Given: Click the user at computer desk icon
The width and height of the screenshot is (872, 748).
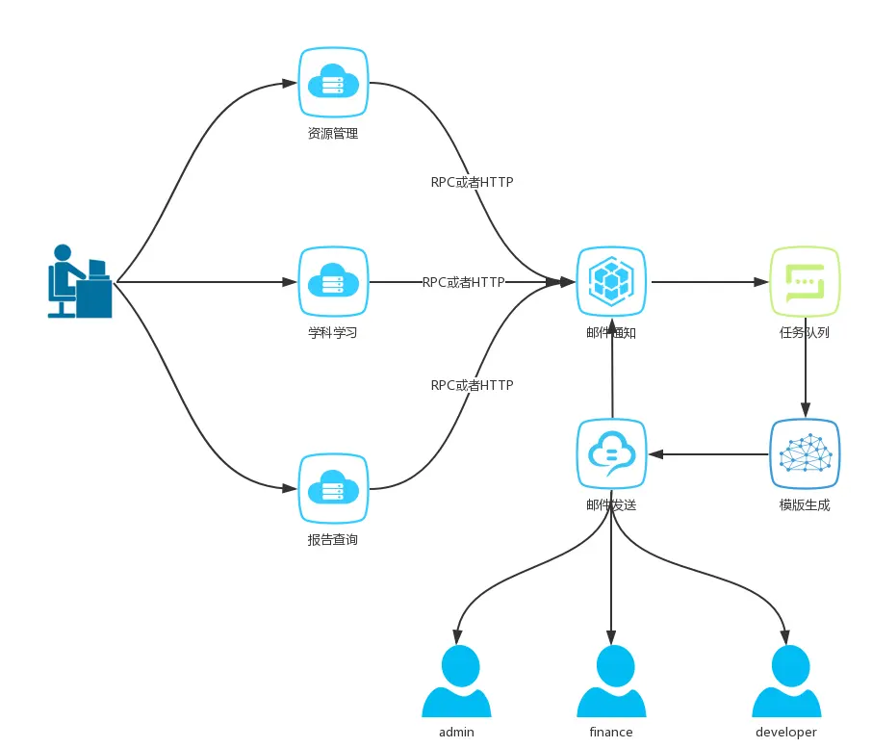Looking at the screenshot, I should pyautogui.click(x=81, y=280).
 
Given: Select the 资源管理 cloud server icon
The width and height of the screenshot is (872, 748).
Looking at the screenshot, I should pyautogui.click(x=332, y=83).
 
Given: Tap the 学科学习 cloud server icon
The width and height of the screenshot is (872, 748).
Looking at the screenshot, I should pyautogui.click(x=332, y=282).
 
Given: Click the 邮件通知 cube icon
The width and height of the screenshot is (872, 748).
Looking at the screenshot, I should pyautogui.click(x=611, y=282).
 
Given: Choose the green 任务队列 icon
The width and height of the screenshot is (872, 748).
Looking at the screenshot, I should pyautogui.click(x=805, y=282).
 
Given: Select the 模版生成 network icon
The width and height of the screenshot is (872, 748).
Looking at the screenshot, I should pyautogui.click(x=805, y=453).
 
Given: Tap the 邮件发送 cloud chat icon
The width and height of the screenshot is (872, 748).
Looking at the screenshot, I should pyautogui.click(x=611, y=453).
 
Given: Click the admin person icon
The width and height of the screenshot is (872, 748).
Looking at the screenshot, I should pyautogui.click(x=456, y=682).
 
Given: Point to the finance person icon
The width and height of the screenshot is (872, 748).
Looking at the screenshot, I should pyautogui.click(x=611, y=682).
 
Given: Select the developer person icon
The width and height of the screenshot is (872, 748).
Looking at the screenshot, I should pyautogui.click(x=785, y=682).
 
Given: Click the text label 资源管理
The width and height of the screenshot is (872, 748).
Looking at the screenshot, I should pyautogui.click(x=332, y=134).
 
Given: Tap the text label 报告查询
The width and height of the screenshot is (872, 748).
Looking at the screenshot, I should pyautogui.click(x=332, y=540).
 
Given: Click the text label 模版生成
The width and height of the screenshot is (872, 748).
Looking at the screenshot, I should pyautogui.click(x=805, y=505).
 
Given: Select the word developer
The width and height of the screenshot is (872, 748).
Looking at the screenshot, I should pyautogui.click(x=785, y=733).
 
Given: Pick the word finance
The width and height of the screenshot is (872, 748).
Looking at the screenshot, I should pyautogui.click(x=611, y=733).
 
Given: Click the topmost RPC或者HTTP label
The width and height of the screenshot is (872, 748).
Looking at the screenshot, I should pyautogui.click(x=472, y=181).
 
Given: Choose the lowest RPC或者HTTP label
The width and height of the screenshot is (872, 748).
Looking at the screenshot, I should pyautogui.click(x=472, y=385).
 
